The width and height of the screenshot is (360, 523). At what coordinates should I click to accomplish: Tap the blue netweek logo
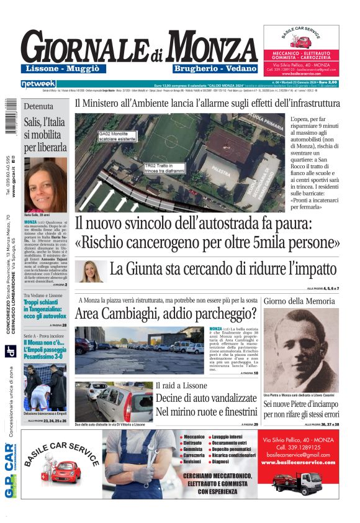pos(38,84)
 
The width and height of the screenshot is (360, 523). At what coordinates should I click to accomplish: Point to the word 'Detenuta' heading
pos(38,106)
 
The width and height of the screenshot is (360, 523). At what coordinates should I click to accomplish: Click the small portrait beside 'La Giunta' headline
pos(90,271)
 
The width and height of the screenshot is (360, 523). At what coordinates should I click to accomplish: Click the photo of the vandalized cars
pos(114,400)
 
